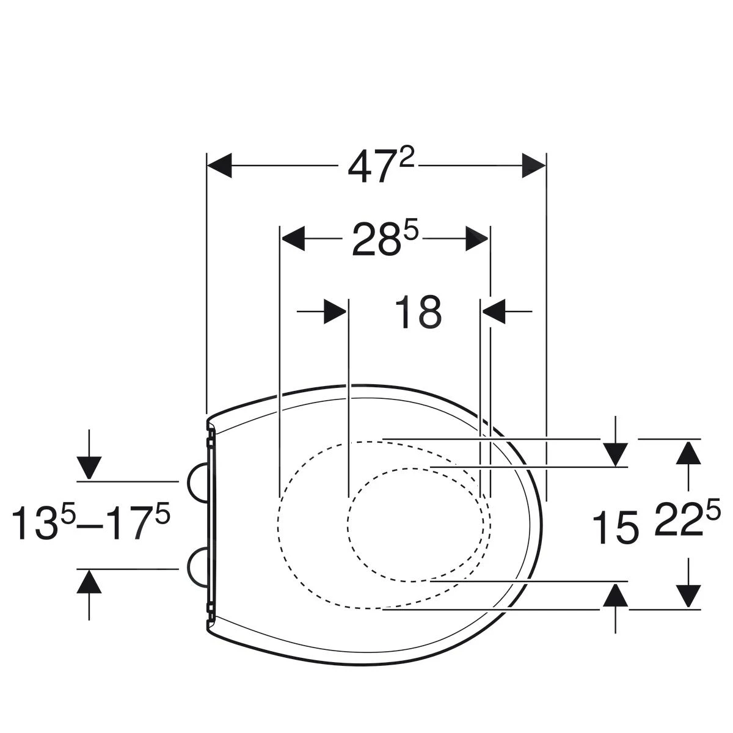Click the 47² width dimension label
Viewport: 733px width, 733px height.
coord(381,166)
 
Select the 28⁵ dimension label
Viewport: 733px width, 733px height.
coord(385,238)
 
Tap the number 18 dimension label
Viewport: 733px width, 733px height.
coord(418,312)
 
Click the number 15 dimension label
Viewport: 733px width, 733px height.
coord(615,527)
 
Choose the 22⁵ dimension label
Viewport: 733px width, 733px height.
coord(687,519)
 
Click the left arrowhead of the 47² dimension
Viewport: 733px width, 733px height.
coord(219,166)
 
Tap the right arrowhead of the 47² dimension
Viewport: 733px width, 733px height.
coord(534,166)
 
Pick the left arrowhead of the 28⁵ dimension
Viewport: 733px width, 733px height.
coord(293,238)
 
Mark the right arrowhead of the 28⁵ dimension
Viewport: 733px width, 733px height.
coord(477,238)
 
